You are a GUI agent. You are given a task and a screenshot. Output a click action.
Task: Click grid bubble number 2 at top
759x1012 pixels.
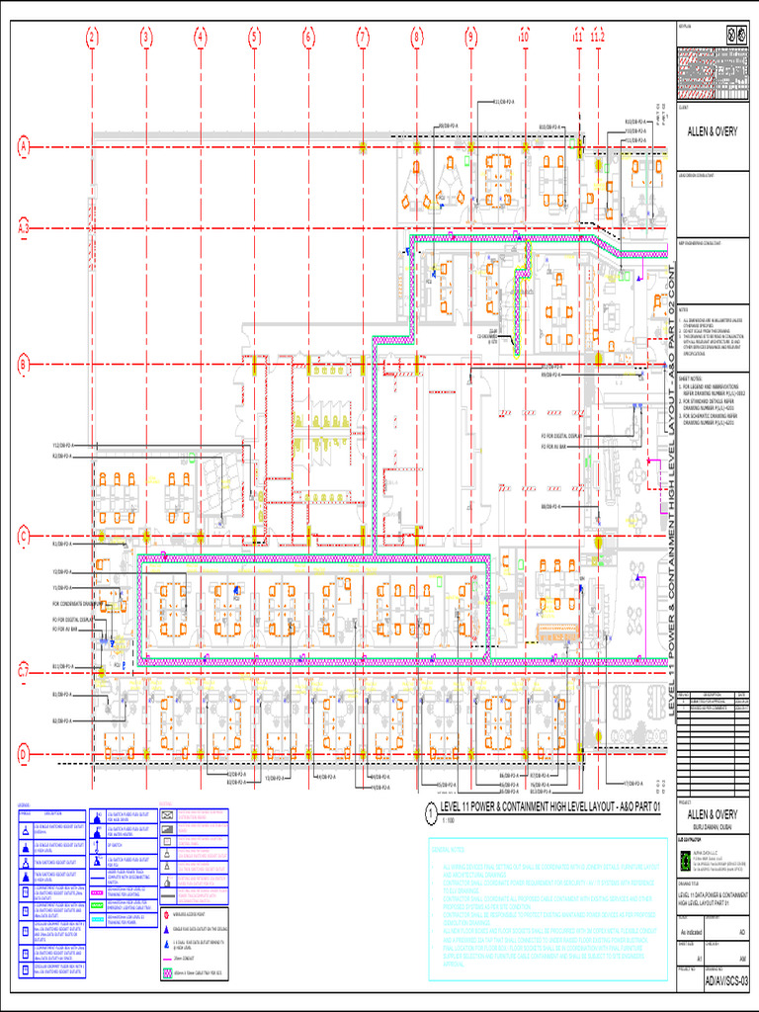click(x=92, y=39)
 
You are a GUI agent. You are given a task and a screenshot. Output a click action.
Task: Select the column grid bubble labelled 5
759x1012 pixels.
click(x=254, y=39)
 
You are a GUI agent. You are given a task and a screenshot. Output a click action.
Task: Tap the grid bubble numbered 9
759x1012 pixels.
click(x=471, y=39)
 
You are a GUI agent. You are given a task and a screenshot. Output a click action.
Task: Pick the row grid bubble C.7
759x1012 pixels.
click(x=24, y=673)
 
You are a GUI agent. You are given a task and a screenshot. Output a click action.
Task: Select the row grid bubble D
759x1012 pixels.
click(x=24, y=754)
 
